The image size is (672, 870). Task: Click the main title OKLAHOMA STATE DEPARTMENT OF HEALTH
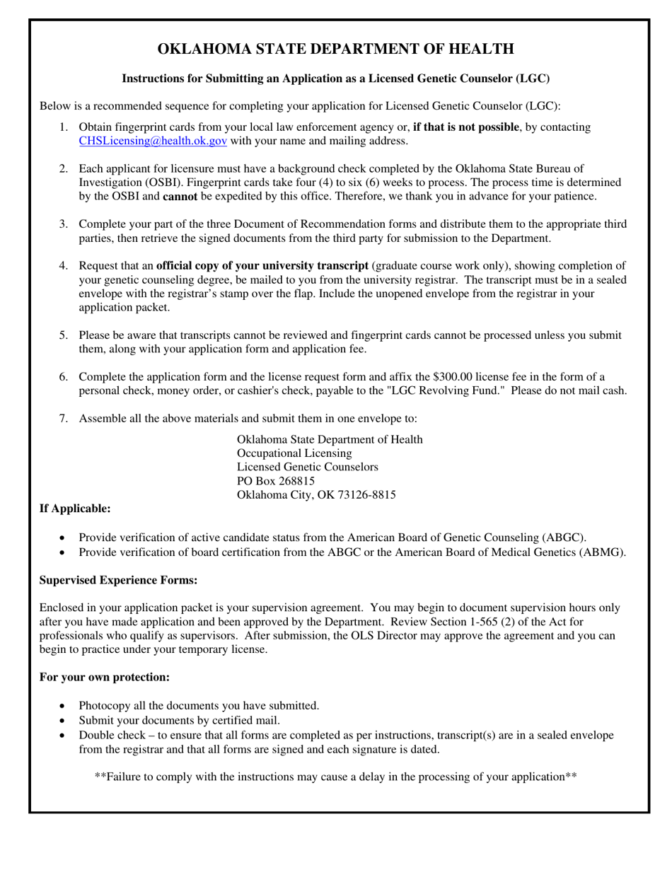pos(335,49)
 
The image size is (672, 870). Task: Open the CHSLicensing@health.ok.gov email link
pos(153,141)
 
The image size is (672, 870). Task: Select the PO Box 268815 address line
pos(276,481)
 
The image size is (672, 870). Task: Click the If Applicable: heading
pos(75,509)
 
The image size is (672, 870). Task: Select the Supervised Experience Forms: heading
pos(118,580)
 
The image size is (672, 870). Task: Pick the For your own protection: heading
pos(105,677)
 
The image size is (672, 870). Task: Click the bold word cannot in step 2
pos(180,196)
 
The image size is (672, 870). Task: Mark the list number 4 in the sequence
pos(64,266)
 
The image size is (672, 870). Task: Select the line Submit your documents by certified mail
pos(180,721)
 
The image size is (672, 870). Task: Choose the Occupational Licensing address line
pos(294,453)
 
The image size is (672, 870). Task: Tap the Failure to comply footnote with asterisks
pos(335,777)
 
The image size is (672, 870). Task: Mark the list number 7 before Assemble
pos(64,419)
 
